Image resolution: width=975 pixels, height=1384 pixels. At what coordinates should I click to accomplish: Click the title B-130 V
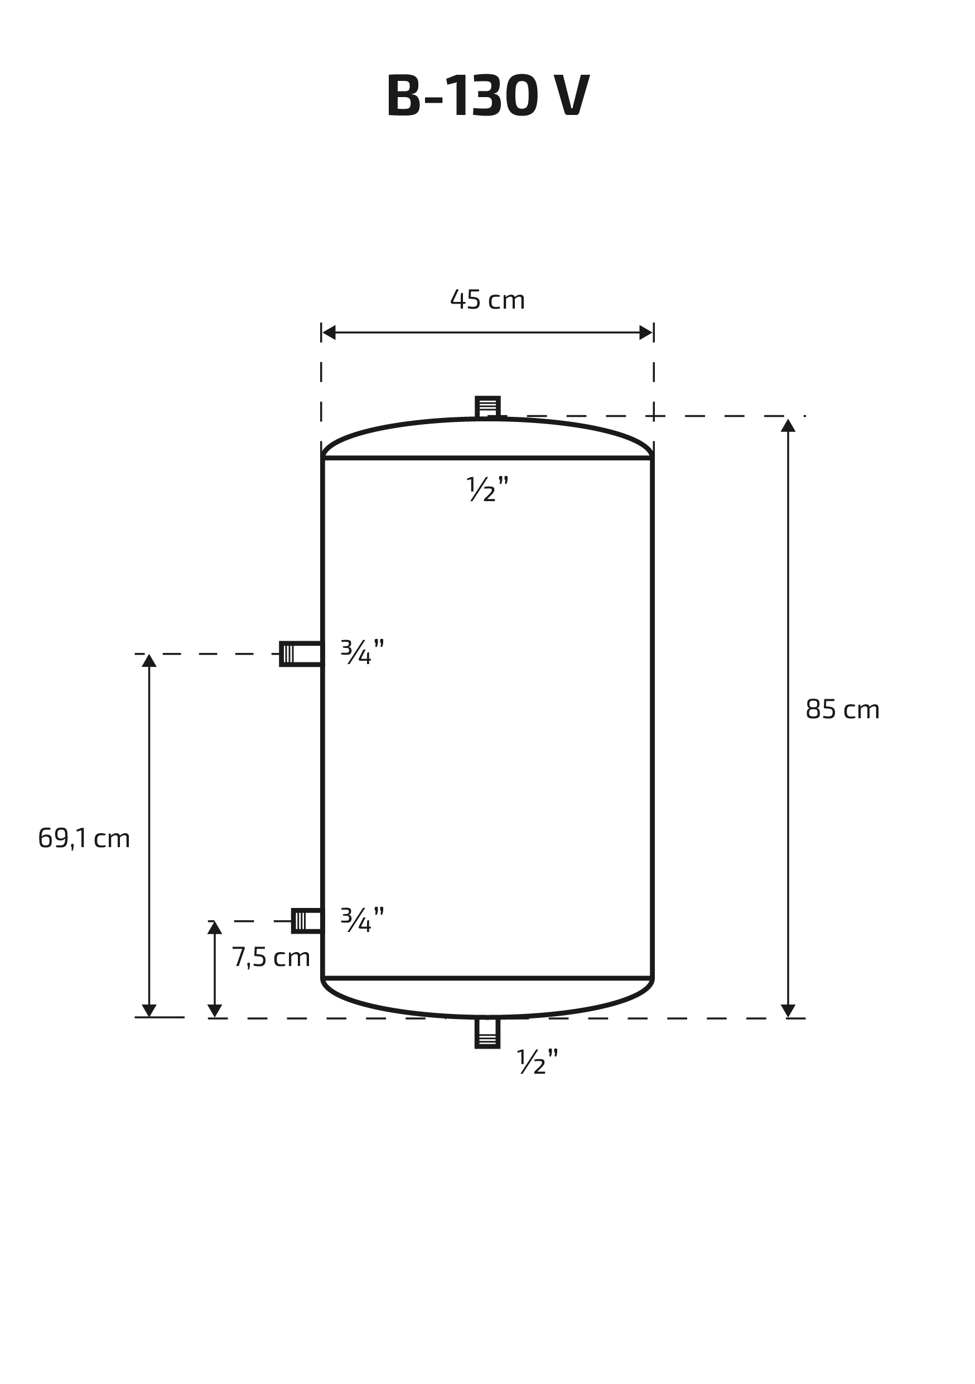coord(487,95)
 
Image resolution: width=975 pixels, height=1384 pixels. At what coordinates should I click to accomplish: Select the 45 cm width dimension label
coord(487,300)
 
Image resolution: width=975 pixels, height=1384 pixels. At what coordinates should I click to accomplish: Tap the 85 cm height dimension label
coord(842,709)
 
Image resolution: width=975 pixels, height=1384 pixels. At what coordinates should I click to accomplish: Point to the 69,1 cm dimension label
coord(84,838)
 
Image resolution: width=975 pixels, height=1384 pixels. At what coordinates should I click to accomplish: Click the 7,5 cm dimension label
coord(271,957)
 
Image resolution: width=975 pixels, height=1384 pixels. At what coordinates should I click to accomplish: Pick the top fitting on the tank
coord(487,407)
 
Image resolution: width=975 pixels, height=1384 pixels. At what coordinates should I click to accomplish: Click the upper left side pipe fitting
coord(301,654)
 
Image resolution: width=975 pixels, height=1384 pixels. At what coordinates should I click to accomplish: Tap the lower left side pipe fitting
coord(307,920)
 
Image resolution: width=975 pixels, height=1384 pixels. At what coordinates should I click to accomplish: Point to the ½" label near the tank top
coord(487,489)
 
